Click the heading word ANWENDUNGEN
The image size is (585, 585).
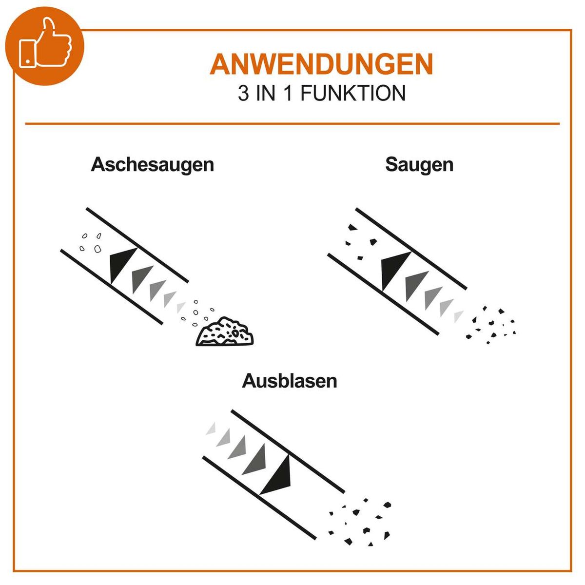click(321, 64)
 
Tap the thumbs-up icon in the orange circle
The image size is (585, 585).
click(45, 45)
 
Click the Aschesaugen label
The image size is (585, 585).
click(152, 164)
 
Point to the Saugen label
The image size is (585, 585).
click(419, 164)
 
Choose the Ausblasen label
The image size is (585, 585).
click(290, 381)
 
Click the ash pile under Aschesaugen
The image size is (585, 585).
click(225, 332)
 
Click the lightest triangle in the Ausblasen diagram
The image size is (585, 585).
click(212, 429)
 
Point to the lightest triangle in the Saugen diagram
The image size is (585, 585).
click(458, 316)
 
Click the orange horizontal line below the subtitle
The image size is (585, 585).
click(292, 124)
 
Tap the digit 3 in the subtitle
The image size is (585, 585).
click(243, 94)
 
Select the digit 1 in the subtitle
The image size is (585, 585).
click(288, 94)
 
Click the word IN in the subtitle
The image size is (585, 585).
click(266, 94)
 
